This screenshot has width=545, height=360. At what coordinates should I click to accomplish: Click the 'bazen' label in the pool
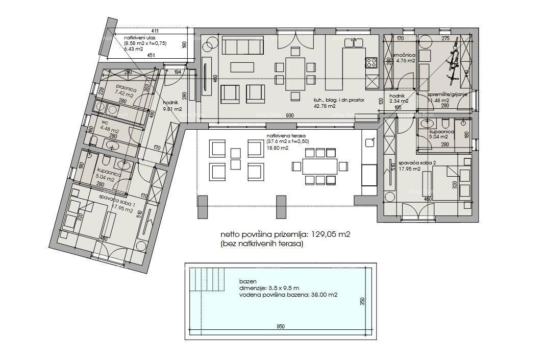(246, 281)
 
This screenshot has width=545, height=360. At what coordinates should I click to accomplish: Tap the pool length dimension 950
(281, 326)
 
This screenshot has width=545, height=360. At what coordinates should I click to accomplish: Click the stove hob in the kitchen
(371, 63)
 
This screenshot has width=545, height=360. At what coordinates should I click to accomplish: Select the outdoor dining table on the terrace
(320, 166)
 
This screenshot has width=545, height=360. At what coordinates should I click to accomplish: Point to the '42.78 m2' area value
(325, 107)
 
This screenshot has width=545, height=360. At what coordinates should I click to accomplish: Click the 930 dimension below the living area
(289, 116)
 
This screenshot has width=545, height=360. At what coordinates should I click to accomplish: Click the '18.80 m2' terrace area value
(277, 148)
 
